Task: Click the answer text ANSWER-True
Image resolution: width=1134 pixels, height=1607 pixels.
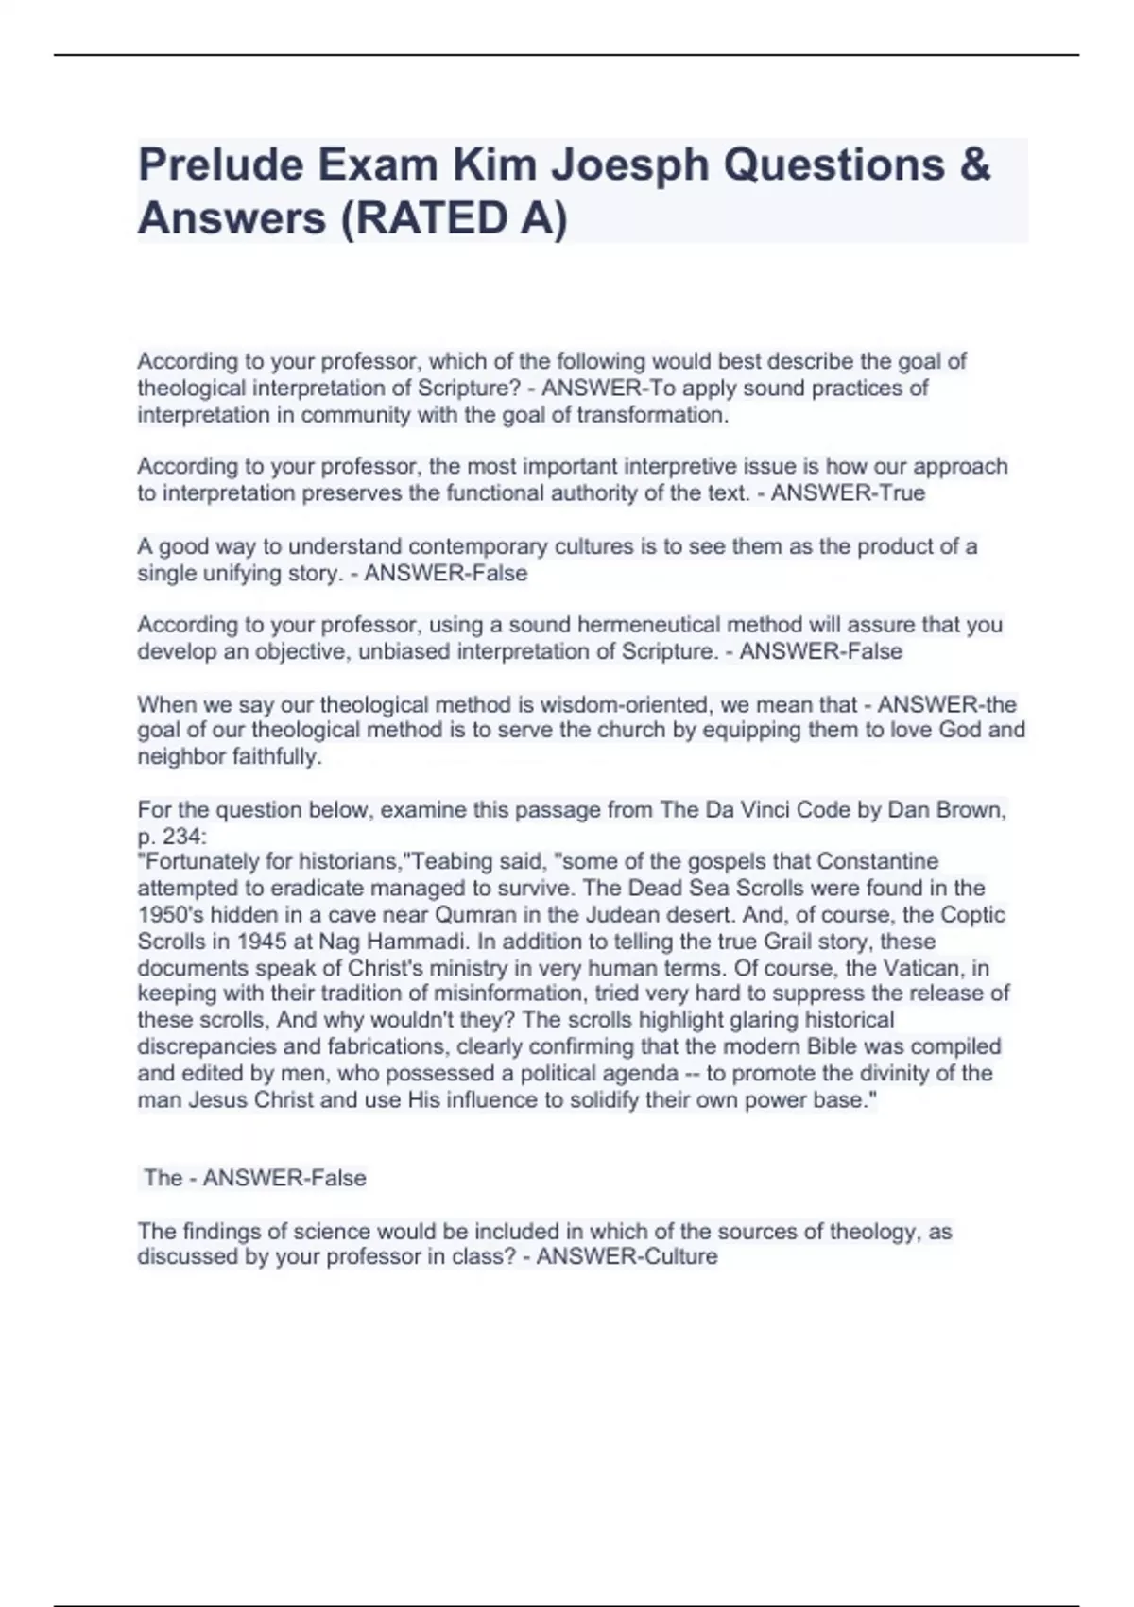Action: point(848,492)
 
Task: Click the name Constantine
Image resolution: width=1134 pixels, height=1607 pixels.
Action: point(877,862)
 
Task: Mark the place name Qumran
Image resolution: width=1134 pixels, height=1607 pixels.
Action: point(473,915)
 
